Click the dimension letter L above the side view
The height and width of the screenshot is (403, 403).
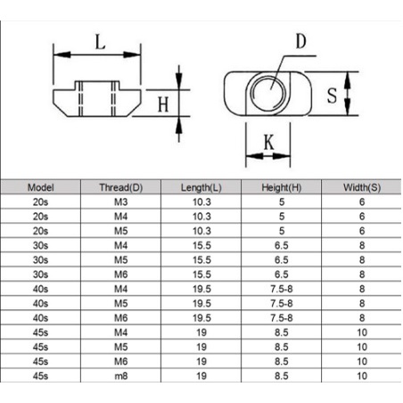(x=100, y=42)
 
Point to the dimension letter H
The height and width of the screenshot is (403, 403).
(x=163, y=104)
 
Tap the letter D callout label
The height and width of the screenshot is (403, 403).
(x=300, y=41)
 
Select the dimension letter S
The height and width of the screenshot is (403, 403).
(x=332, y=95)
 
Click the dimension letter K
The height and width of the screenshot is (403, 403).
(x=269, y=143)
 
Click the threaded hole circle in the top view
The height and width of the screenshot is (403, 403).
(x=268, y=93)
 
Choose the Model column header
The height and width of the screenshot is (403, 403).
(x=41, y=187)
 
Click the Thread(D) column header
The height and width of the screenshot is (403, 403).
(x=121, y=187)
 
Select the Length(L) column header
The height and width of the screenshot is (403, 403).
(x=201, y=187)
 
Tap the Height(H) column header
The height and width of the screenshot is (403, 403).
(x=282, y=187)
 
